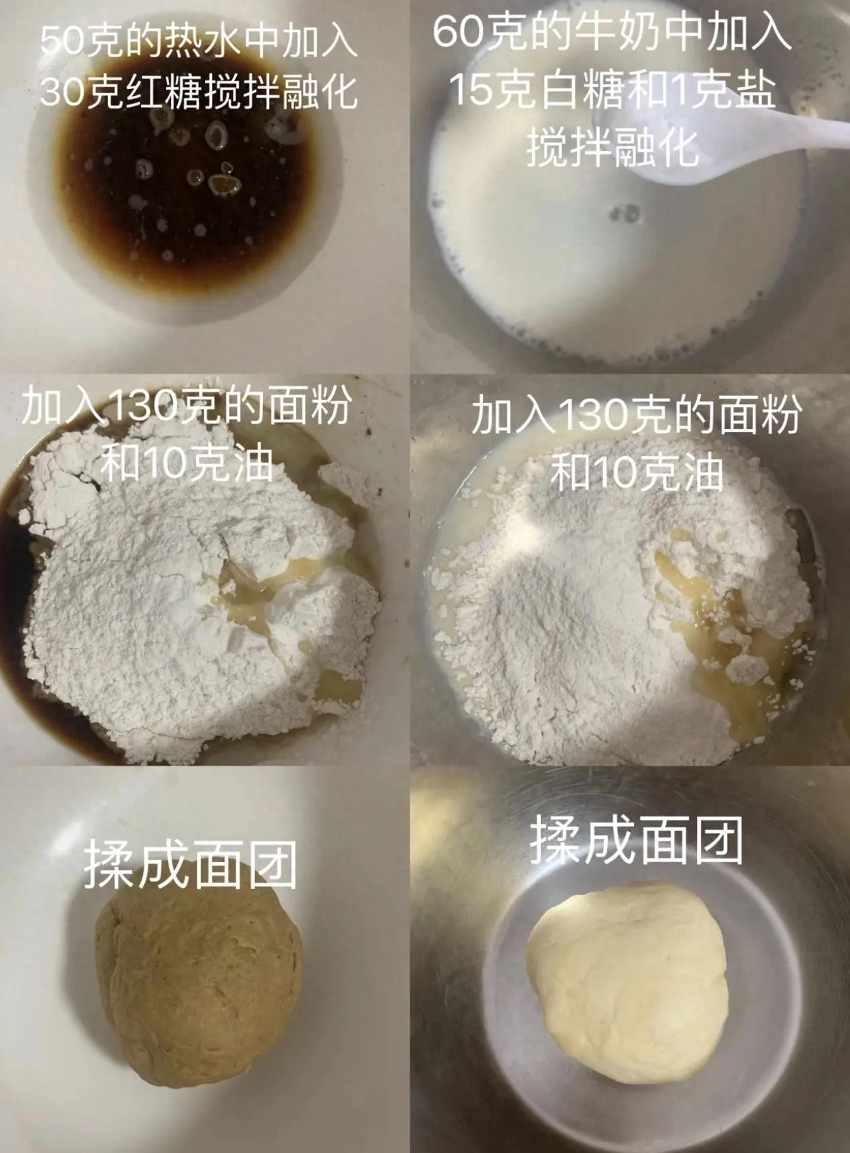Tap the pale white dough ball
point(627,984)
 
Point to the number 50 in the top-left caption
point(62,40)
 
